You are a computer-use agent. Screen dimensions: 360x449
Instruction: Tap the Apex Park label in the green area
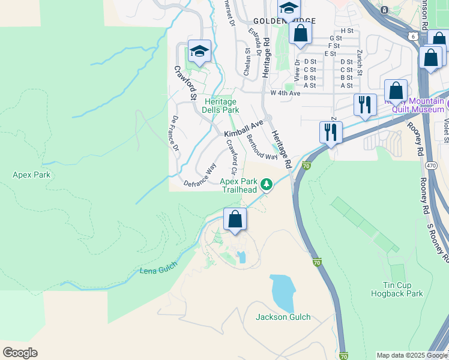point(31,175)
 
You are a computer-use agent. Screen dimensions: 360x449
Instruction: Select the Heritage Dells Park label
point(221,106)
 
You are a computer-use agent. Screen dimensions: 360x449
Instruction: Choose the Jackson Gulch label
point(283,317)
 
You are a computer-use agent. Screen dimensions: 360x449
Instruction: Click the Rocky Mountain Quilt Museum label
point(418,105)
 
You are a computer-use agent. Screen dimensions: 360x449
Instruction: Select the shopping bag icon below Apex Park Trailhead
point(235,220)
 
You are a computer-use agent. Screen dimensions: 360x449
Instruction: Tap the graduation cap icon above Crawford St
point(199,52)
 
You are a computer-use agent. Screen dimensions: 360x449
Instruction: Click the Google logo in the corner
point(20,352)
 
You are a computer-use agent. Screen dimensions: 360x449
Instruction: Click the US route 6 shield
point(414,37)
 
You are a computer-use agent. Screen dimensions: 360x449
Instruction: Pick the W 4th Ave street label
point(285,93)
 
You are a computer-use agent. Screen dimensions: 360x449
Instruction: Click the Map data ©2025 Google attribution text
point(411,355)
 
